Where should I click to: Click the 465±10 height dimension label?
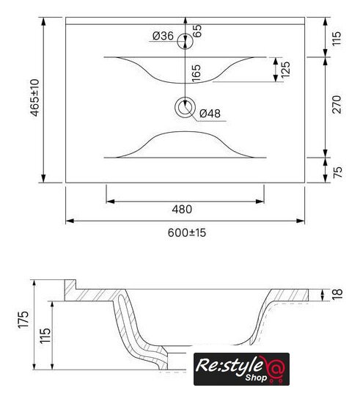click(35, 98)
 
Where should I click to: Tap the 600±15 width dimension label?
click(187, 233)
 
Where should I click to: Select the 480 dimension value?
click(182, 209)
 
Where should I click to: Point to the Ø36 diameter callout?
click(163, 36)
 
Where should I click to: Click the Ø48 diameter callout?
click(210, 114)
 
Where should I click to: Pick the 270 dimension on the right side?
click(337, 104)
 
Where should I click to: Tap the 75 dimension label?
click(337, 172)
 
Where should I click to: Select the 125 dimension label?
click(285, 70)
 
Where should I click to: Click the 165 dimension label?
click(196, 73)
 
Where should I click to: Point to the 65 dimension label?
click(197, 31)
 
